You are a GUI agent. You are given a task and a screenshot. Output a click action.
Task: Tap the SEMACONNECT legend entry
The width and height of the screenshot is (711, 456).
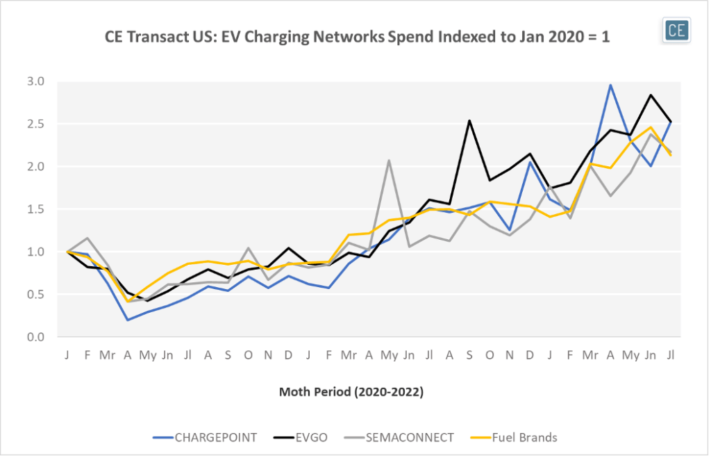click(412, 437)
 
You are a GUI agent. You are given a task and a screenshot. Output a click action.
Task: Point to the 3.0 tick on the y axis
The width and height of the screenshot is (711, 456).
click(35, 81)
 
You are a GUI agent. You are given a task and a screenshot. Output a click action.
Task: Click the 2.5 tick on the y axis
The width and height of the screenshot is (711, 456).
click(35, 124)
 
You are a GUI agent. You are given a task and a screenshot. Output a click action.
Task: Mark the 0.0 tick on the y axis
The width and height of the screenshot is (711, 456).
click(35, 337)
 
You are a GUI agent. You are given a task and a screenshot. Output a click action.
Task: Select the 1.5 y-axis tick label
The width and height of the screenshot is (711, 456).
click(35, 209)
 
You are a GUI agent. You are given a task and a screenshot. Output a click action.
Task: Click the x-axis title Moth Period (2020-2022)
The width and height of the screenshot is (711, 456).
click(351, 392)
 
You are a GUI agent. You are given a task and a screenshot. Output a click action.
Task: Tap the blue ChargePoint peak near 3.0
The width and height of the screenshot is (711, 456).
click(610, 85)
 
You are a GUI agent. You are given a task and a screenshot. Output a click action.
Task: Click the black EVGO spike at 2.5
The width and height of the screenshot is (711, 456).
click(470, 120)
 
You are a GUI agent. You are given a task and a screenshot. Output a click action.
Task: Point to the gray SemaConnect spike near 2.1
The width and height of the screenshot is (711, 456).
click(389, 160)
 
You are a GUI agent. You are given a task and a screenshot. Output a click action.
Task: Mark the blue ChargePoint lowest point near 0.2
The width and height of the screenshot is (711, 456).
click(128, 320)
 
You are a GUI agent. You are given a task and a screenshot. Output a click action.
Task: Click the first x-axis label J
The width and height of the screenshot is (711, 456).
click(67, 355)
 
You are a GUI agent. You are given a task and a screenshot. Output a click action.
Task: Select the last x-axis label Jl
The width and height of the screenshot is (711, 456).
click(670, 355)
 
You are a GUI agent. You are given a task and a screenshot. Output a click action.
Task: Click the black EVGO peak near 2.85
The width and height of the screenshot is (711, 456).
click(651, 95)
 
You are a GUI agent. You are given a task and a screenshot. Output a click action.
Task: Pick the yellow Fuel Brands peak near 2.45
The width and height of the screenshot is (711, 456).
click(651, 127)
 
